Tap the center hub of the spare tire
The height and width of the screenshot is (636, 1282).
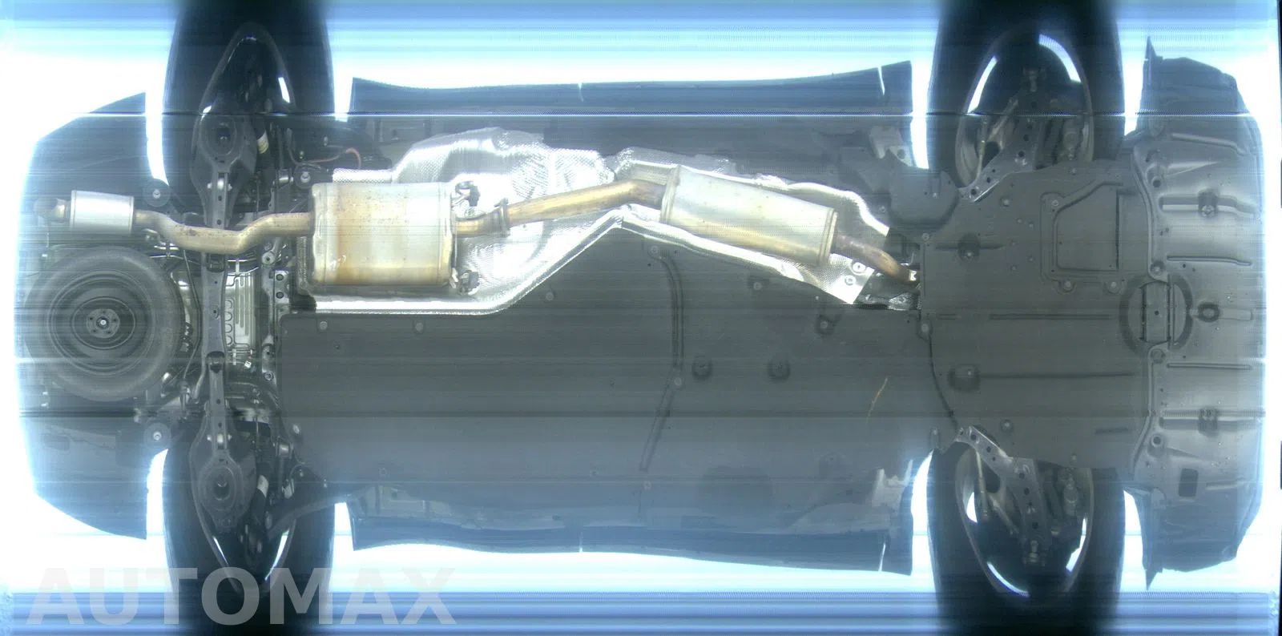coord(102,323)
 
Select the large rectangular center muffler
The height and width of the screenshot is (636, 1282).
coord(381,235)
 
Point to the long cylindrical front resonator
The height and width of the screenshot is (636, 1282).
coord(748,211)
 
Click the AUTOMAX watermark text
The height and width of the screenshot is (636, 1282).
coord(240,596)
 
